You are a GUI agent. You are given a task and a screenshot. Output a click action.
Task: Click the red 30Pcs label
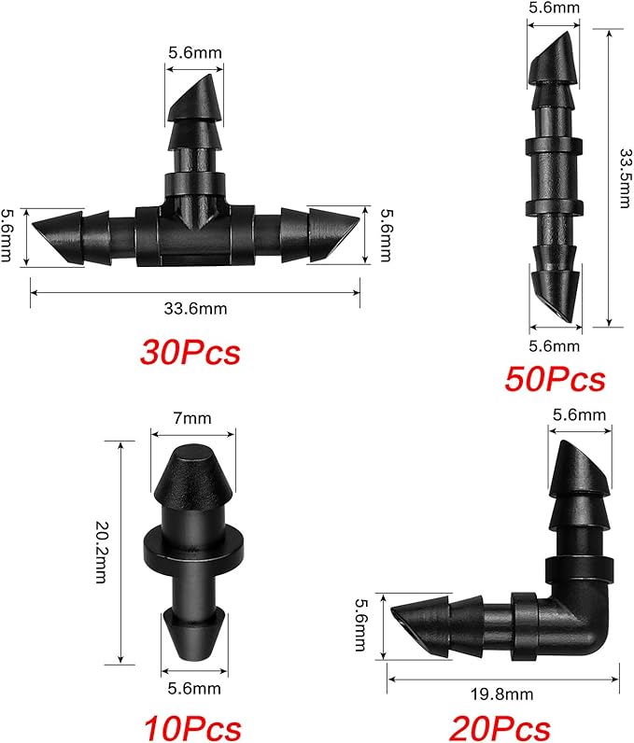190,352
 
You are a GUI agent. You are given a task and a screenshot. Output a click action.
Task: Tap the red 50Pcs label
555,379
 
